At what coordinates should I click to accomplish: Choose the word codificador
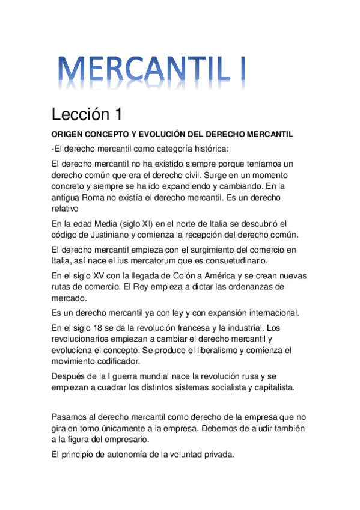[x=105, y=361]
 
